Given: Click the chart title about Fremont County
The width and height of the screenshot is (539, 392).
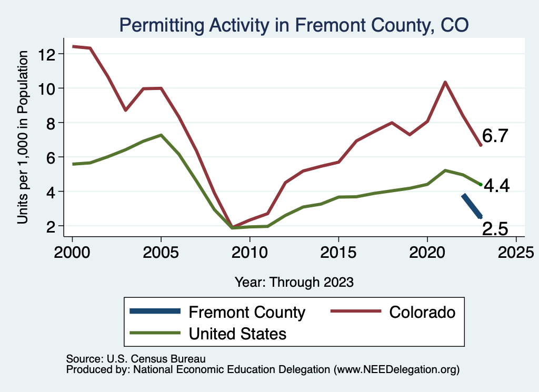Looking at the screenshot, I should pyautogui.click(x=294, y=25).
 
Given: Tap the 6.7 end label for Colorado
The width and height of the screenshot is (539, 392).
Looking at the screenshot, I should pyautogui.click(x=495, y=136).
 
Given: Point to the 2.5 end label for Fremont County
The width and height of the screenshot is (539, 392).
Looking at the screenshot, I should pyautogui.click(x=495, y=228).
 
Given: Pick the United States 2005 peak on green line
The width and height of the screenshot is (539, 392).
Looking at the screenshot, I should pyautogui.click(x=161, y=135).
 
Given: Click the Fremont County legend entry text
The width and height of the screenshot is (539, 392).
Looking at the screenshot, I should pyautogui.click(x=247, y=313).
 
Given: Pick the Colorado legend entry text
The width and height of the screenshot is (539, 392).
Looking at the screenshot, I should pyautogui.click(x=422, y=312).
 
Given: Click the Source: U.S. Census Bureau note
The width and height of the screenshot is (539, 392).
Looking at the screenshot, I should pyautogui.click(x=136, y=359).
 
